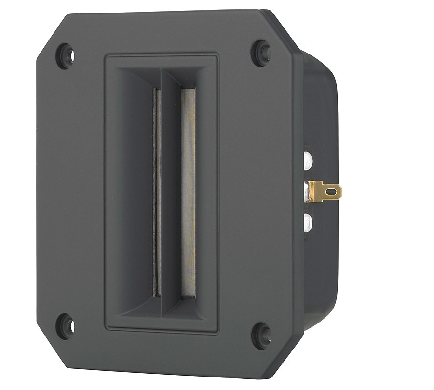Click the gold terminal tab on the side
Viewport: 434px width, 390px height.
point(328,191)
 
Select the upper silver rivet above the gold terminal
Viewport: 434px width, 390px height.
point(307,160)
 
